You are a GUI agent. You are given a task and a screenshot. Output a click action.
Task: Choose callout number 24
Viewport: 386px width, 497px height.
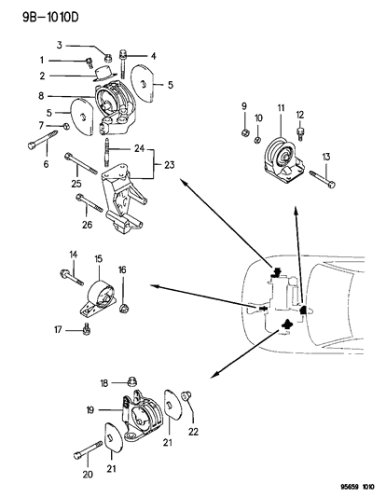click(138, 148)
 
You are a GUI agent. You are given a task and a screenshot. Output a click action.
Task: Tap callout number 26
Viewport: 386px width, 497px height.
click(87, 224)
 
